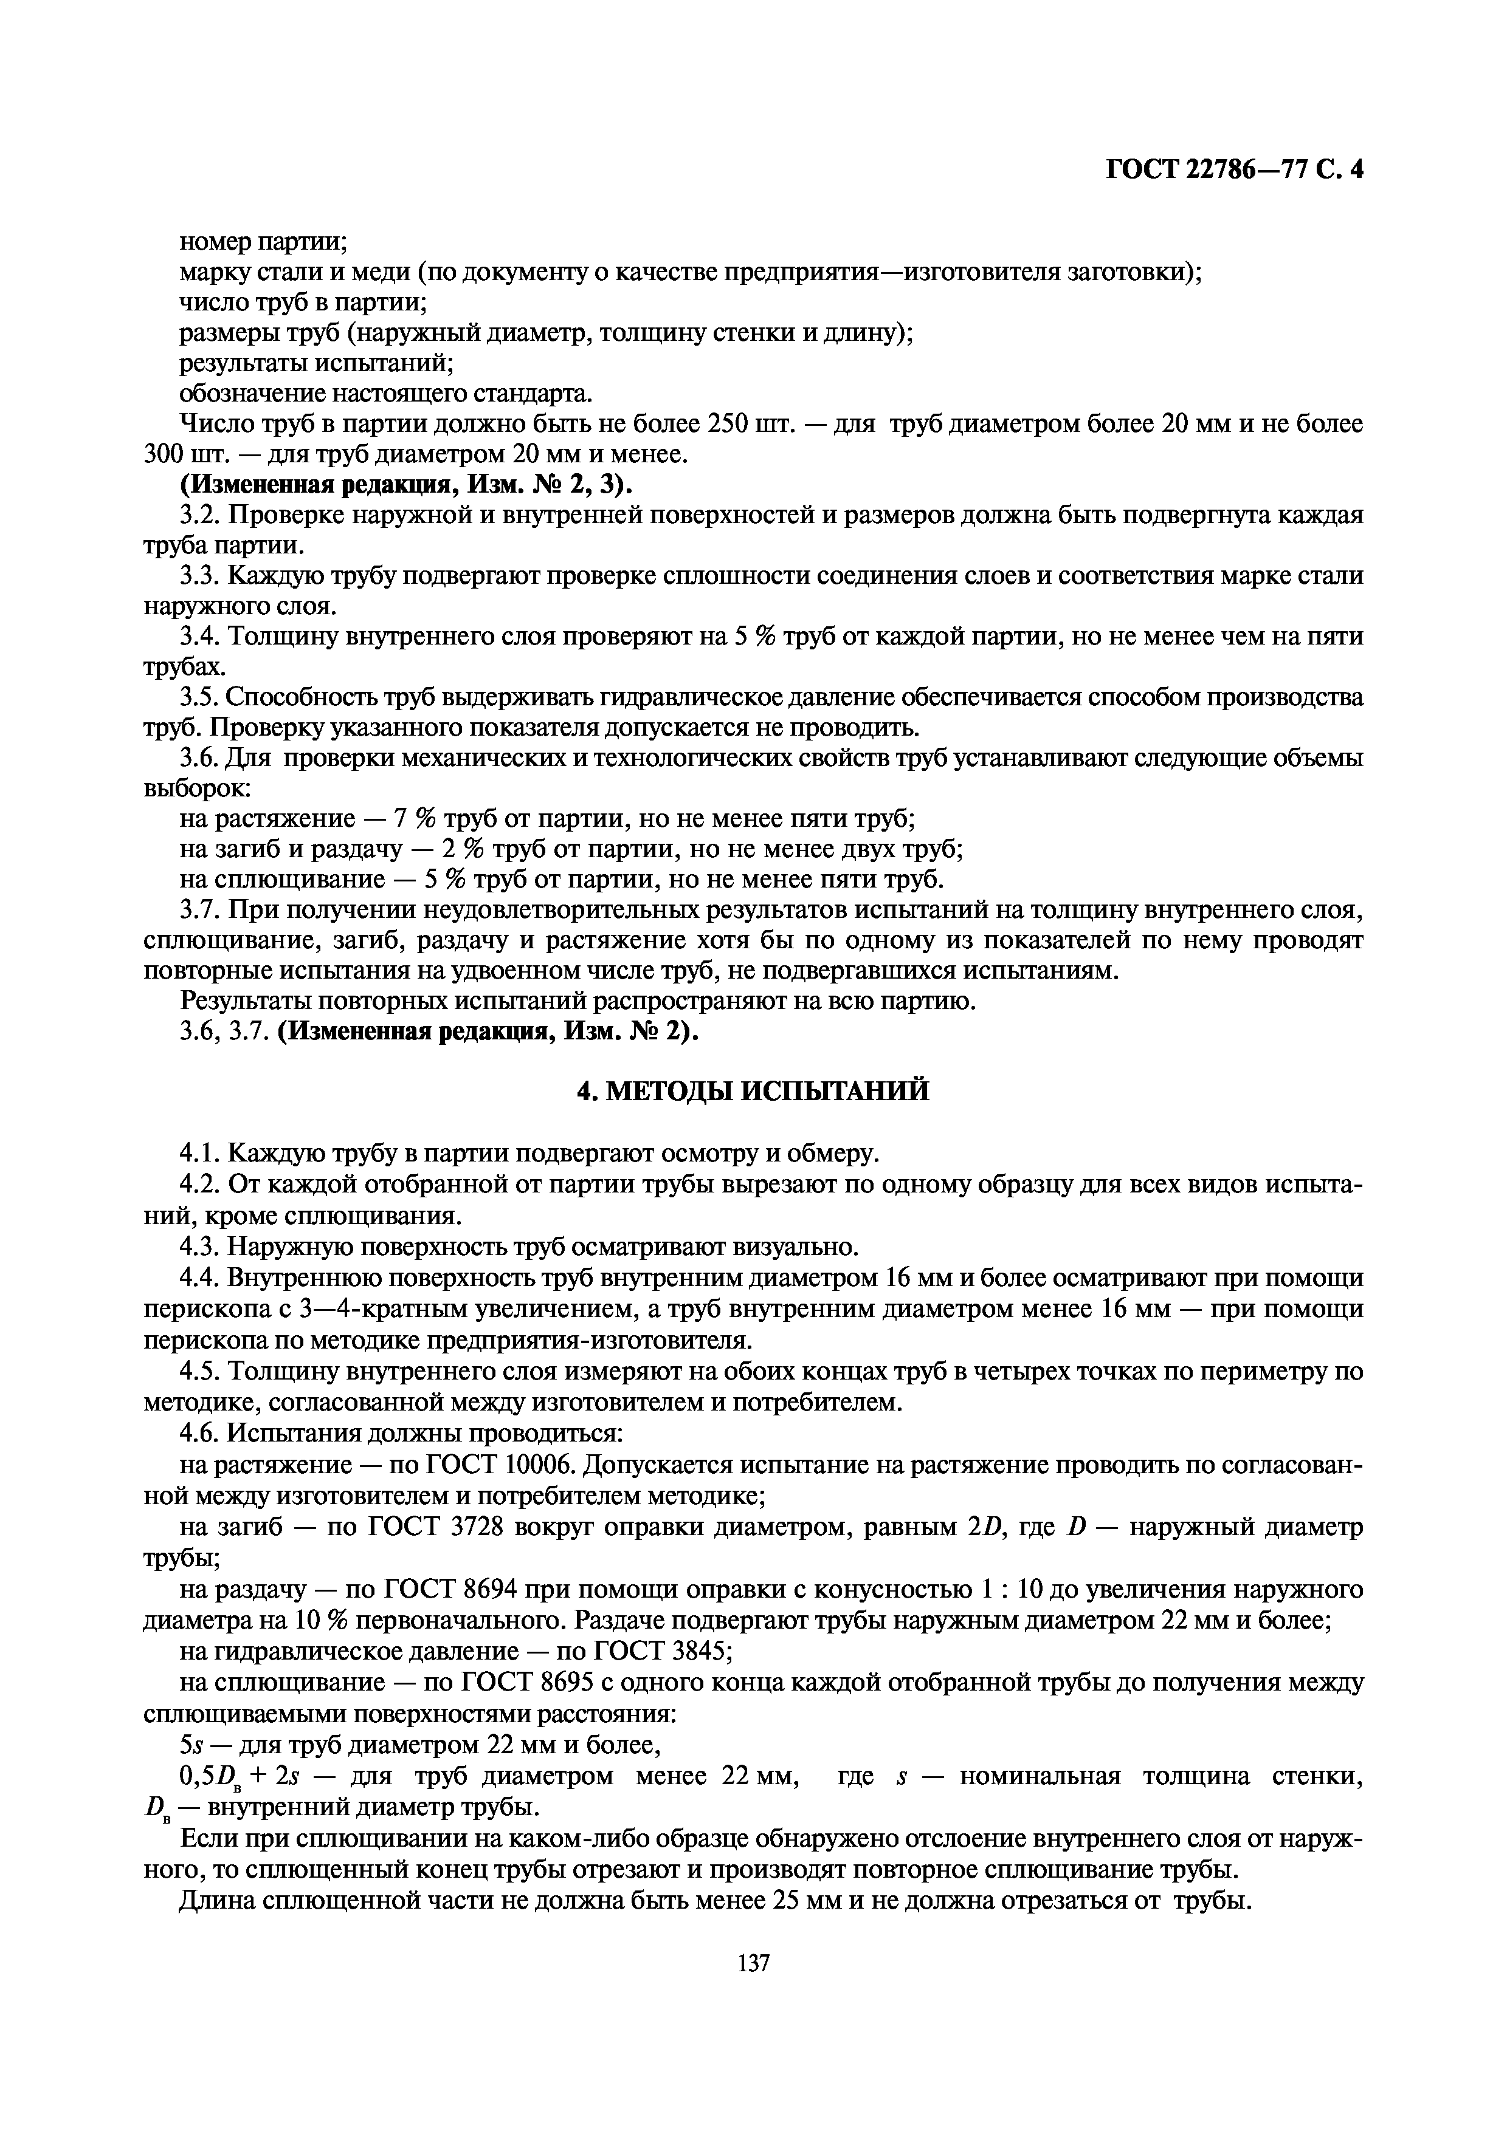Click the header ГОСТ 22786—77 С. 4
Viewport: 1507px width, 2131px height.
pyautogui.click(x=1234, y=170)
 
